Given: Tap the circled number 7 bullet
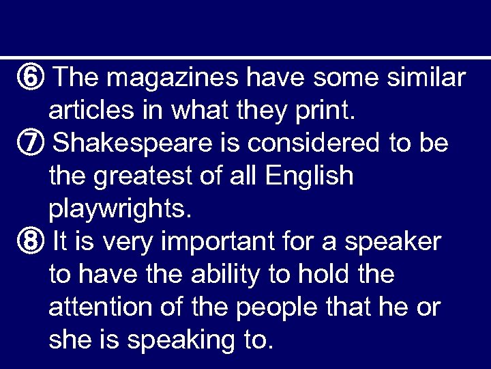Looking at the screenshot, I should click(x=33, y=143).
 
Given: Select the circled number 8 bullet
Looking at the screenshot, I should click(x=33, y=241).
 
